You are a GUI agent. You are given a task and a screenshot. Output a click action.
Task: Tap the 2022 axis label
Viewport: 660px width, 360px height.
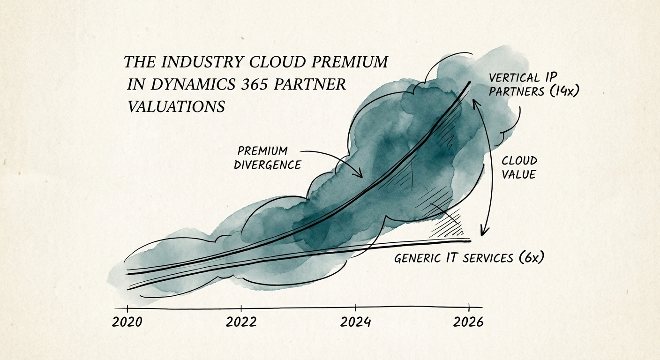pyautogui.click(x=241, y=322)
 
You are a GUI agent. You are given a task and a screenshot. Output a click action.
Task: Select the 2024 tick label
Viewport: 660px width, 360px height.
pyautogui.click(x=355, y=322)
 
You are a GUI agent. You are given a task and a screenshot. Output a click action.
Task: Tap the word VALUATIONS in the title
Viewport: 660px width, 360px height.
pyautogui.click(x=176, y=106)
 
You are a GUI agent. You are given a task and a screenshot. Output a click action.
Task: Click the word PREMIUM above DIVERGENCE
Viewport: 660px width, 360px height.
pyautogui.click(x=262, y=151)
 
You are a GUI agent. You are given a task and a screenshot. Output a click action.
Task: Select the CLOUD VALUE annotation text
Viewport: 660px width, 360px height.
pyautogui.click(x=519, y=167)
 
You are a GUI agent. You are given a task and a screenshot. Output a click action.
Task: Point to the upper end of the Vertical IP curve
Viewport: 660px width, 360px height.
pyautogui.click(x=470, y=83)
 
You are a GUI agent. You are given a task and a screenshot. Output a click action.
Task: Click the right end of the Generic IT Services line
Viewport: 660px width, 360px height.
pyautogui.click(x=469, y=240)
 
